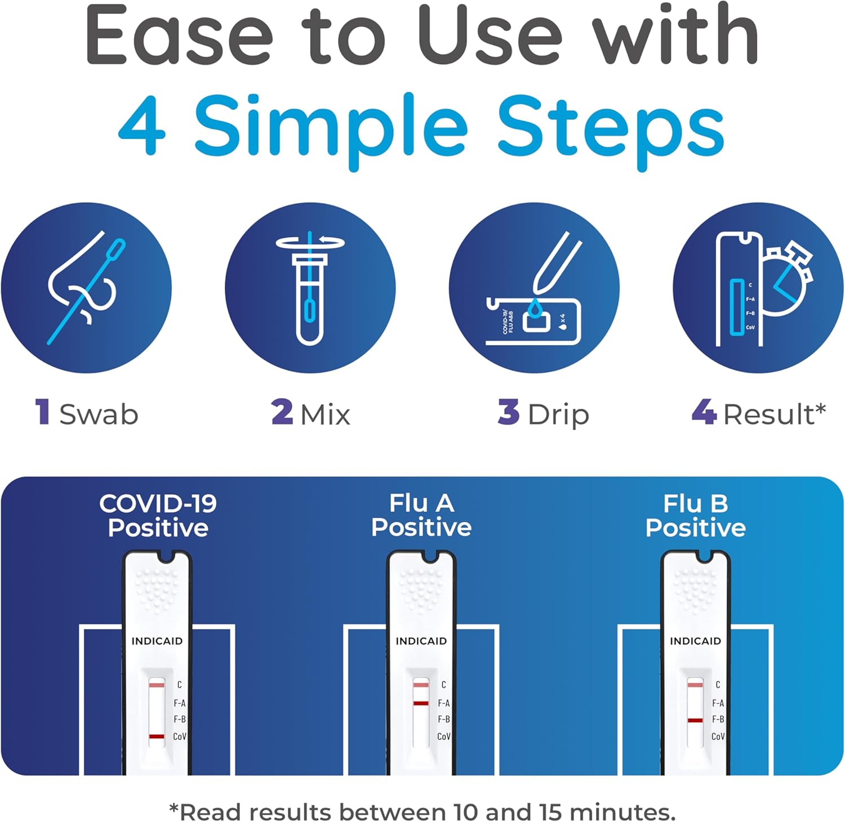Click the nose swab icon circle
(86, 288)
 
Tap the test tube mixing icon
(310, 288)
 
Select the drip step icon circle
(533, 288)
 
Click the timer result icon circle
(758, 288)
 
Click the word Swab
(99, 414)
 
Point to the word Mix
(325, 415)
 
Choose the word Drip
(558, 415)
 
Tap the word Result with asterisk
(774, 414)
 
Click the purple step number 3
(508, 412)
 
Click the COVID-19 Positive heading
(158, 516)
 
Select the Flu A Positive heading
(421, 516)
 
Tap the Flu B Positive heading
(695, 516)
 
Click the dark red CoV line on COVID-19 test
(157, 736)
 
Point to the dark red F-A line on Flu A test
(421, 703)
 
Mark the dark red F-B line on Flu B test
(695, 720)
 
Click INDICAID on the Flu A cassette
(421, 641)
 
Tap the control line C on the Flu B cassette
(695, 685)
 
